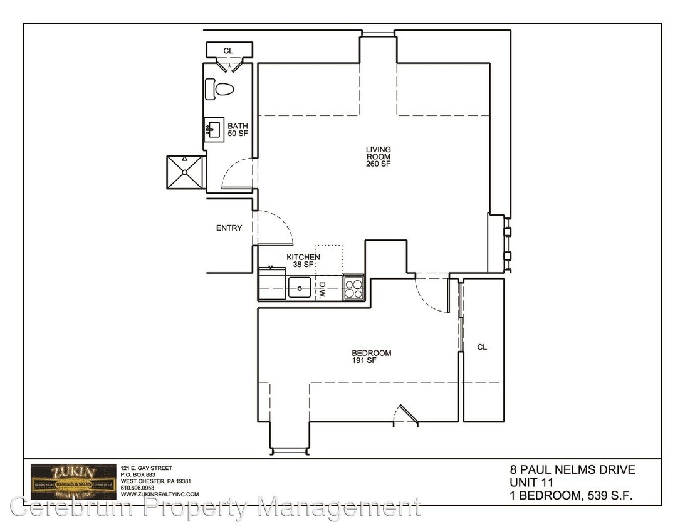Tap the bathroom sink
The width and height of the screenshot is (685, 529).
point(212,130)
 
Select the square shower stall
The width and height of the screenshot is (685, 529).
point(185,171)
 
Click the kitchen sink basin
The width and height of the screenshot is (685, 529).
point(300,289)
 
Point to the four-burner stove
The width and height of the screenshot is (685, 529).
point(353,288)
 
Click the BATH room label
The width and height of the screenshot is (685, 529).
point(238,126)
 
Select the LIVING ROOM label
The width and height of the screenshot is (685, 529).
point(379,153)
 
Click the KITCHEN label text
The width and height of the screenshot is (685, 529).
point(303,257)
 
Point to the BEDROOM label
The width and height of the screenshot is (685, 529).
point(372,353)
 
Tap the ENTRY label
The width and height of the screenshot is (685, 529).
point(229,228)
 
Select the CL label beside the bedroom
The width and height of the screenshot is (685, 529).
point(482,347)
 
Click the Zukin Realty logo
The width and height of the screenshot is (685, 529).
point(73,481)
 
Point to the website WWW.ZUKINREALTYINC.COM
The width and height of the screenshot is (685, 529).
point(159,494)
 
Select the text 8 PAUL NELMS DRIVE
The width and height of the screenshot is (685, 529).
point(573,470)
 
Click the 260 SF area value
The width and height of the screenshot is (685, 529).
point(379,164)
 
